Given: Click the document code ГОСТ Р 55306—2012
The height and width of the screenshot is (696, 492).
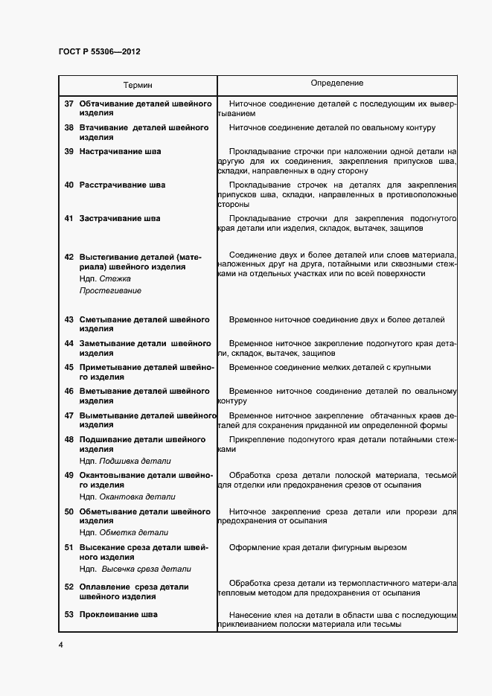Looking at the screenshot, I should click(x=99, y=52).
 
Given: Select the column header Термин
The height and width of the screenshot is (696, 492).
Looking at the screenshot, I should click(x=138, y=86).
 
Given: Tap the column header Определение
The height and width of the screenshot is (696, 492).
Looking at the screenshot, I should click(x=336, y=83).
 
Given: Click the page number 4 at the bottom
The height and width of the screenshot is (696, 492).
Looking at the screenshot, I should click(x=60, y=644).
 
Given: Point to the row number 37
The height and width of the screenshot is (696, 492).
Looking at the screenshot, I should click(x=68, y=103).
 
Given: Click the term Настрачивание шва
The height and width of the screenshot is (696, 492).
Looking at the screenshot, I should click(x=120, y=152).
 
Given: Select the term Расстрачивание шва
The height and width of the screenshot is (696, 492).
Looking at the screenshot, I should click(x=122, y=185).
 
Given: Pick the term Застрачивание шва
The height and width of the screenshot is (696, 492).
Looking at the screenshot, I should click(x=119, y=219).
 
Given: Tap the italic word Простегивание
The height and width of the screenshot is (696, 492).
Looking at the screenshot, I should click(x=110, y=290).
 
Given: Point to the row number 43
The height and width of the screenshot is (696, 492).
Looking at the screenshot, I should click(x=68, y=320).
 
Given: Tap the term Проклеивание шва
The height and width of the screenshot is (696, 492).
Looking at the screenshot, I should click(x=118, y=615).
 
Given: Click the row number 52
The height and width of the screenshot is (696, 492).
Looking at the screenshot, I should click(x=68, y=587).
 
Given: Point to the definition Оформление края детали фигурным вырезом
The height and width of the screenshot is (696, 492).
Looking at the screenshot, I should click(x=318, y=548).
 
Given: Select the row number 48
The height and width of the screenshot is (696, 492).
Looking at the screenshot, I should click(x=68, y=440).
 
